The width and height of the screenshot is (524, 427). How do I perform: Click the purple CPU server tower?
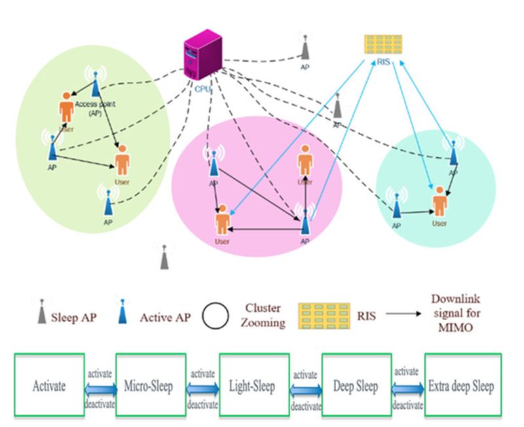(x=200, y=56)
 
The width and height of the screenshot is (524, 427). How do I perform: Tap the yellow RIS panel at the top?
(x=384, y=43)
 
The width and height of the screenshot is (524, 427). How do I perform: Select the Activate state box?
(x=50, y=386)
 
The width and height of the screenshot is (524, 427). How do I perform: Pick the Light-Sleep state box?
(x=253, y=386)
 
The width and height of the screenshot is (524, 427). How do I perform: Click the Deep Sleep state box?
(x=356, y=386)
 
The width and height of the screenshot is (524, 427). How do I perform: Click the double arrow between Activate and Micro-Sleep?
(x=100, y=387)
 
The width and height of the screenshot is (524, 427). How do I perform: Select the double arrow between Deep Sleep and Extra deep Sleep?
(x=407, y=387)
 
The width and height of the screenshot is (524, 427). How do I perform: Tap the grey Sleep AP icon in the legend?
(x=41, y=313)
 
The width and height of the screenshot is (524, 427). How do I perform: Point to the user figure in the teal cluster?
(x=440, y=200)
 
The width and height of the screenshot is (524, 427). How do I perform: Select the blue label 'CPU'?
(x=202, y=88)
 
